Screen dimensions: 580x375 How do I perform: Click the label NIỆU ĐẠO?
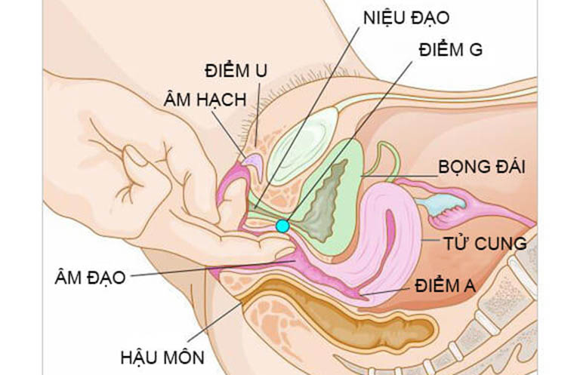(406, 17)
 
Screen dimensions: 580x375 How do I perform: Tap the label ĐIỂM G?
(451, 49)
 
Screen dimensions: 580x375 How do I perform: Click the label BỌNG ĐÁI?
(482, 166)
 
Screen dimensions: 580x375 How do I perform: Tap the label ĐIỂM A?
(445, 285)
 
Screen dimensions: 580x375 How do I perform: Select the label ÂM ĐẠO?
(91, 277)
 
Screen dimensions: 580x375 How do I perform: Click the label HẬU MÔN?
(162, 357)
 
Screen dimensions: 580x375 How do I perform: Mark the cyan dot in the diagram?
(282, 226)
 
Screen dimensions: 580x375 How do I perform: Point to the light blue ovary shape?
(440, 204)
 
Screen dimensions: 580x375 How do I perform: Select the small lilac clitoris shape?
(253, 161)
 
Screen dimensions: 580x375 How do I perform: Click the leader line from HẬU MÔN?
(214, 321)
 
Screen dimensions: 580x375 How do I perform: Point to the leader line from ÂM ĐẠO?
(214, 268)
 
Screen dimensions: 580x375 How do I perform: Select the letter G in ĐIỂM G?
(475, 50)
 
